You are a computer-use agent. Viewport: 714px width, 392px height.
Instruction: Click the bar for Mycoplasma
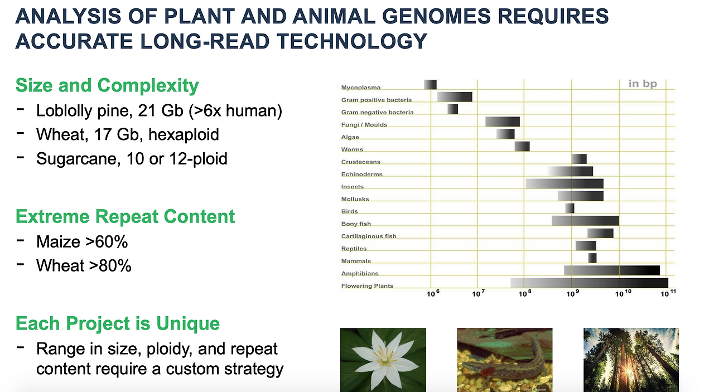coord(430,84)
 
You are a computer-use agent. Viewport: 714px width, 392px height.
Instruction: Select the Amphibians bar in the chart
coord(612,270)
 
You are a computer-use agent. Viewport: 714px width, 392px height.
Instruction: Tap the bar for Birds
coord(570,209)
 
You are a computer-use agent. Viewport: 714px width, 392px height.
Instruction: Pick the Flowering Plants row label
coord(367,286)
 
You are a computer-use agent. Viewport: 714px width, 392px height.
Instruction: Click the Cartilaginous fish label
coord(369,236)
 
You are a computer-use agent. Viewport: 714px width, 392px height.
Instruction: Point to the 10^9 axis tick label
coord(572,293)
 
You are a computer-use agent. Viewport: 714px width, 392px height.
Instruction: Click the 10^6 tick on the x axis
coord(433,293)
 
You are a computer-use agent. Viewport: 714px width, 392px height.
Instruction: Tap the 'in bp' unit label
coord(643,84)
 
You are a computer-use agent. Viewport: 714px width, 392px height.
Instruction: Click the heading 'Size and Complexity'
coord(107,85)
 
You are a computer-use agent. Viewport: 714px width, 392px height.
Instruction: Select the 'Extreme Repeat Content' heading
coord(126,216)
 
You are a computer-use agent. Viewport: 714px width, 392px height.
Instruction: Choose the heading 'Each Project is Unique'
coord(118,323)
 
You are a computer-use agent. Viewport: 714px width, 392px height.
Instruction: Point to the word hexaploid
coord(184,134)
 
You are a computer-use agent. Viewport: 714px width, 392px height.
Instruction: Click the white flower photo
coord(383,360)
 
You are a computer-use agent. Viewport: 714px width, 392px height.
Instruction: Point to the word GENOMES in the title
coord(436,16)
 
